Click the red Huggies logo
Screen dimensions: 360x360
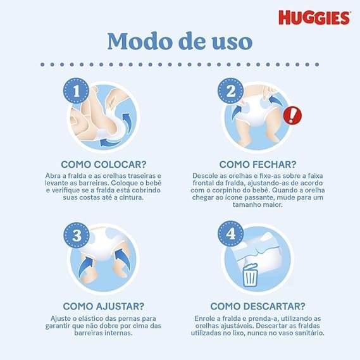[314, 18]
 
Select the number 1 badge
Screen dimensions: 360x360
[76, 90]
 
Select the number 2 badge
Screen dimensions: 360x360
[230, 90]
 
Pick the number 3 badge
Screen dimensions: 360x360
[77, 235]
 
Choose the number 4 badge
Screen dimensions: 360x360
[230, 233]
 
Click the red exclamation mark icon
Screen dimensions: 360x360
[292, 116]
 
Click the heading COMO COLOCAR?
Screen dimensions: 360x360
[104, 164]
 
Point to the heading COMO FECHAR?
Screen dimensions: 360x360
[258, 164]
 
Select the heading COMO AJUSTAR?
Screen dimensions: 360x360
[104, 306]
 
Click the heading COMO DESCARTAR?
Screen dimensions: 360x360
[258, 306]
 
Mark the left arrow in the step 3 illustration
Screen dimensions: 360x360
[85, 266]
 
